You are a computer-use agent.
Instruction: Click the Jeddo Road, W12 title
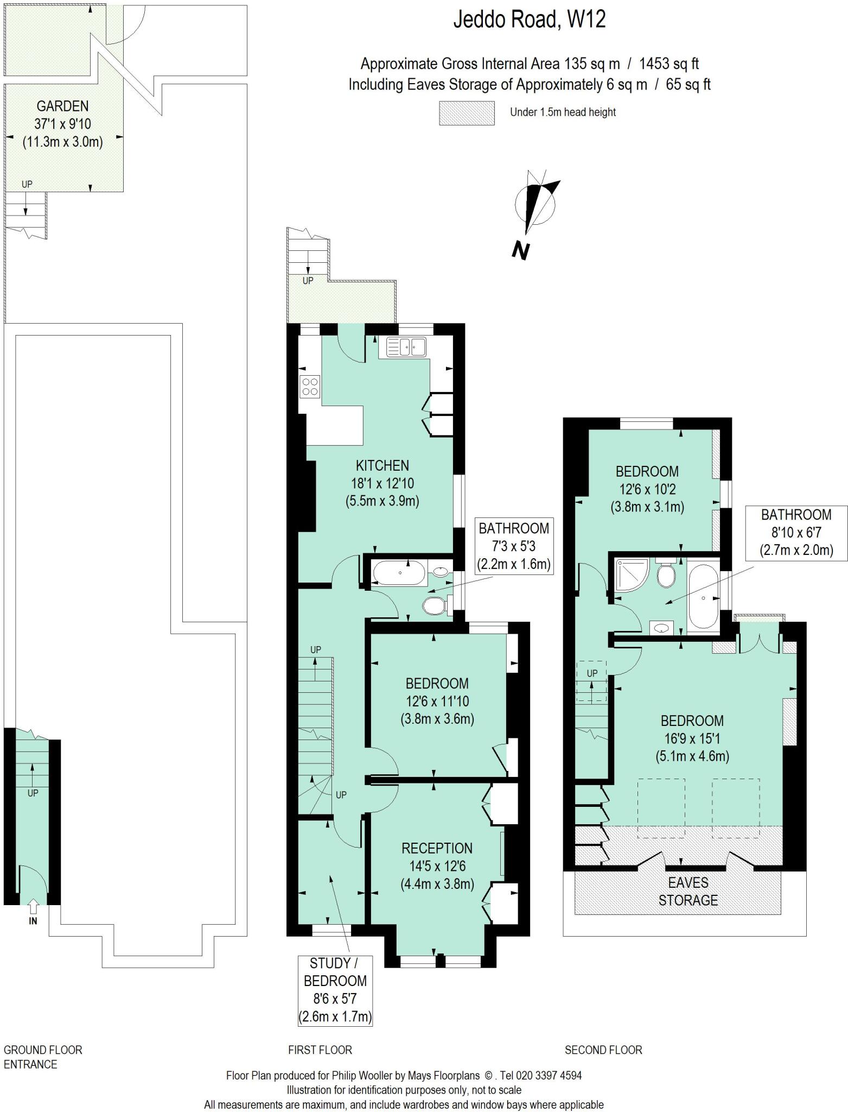tap(529, 20)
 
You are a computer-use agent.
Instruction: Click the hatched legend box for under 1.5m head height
tap(467, 113)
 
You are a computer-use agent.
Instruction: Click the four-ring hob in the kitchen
tap(310, 386)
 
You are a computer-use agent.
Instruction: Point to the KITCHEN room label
tap(382, 465)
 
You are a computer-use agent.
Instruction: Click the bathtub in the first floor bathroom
tap(400, 573)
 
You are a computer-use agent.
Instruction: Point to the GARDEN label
tap(62, 106)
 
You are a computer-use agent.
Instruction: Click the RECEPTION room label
tap(437, 848)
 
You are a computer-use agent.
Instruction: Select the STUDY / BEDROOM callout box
tap(335, 990)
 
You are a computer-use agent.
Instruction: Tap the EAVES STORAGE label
tap(688, 891)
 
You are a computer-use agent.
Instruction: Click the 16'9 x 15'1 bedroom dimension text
tap(692, 738)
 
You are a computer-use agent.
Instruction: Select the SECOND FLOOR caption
tap(603, 1050)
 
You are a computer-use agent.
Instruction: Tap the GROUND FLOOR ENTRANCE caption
tap(43, 1057)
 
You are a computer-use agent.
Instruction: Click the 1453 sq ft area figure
tap(668, 64)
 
